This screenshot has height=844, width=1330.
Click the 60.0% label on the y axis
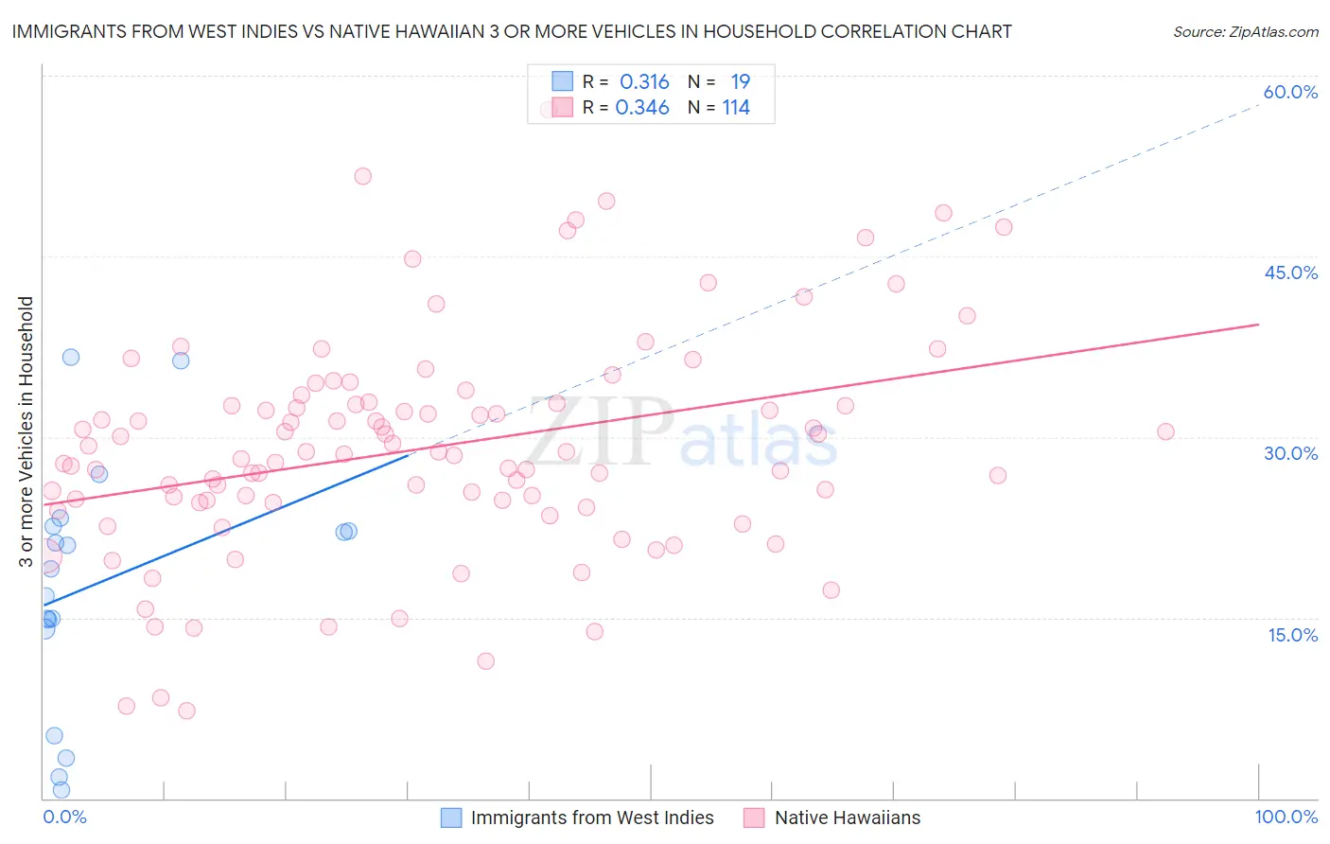click(x=1290, y=92)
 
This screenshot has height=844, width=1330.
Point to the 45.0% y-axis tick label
click(x=1290, y=273)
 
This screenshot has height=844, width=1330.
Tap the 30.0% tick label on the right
click(x=1290, y=453)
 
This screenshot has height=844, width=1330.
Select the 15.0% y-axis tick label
click(x=1292, y=635)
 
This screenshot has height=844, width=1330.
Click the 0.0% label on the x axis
click(x=64, y=818)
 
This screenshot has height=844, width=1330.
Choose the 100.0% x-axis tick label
click(x=1286, y=818)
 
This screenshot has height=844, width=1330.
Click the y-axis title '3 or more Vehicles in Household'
click(x=26, y=431)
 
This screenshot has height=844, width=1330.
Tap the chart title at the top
click(x=512, y=31)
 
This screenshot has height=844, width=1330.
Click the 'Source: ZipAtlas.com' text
click(x=1245, y=31)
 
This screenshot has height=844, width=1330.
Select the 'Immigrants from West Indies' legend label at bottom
click(x=592, y=818)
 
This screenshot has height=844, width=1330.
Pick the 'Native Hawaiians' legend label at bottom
click(x=847, y=818)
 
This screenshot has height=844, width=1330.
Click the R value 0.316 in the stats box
click(x=644, y=82)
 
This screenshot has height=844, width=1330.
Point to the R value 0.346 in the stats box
click(x=642, y=108)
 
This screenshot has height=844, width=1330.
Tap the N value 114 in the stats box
click(x=736, y=108)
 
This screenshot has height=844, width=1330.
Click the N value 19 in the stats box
click(x=740, y=82)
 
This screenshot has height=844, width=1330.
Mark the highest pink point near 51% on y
click(x=362, y=176)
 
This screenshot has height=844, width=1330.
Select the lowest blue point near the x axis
click(x=61, y=790)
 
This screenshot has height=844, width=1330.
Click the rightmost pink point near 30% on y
click(x=1165, y=431)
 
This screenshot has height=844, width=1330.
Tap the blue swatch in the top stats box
click(x=562, y=81)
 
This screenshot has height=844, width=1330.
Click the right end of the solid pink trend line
click(x=1258, y=325)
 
